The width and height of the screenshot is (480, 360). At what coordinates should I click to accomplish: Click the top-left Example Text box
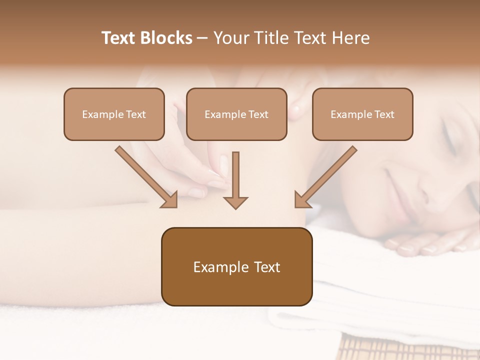pyautogui.click(x=114, y=114)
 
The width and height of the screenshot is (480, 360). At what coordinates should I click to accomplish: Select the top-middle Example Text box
pyautogui.click(x=236, y=114)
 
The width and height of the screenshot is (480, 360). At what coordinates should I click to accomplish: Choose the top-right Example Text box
pyautogui.click(x=362, y=114)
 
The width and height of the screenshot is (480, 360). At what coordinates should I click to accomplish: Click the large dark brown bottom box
pyautogui.click(x=236, y=267)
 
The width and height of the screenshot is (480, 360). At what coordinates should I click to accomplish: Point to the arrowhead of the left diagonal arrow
pyautogui.click(x=170, y=200)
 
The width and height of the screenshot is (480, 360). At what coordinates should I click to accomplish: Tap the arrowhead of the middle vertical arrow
pyautogui.click(x=235, y=202)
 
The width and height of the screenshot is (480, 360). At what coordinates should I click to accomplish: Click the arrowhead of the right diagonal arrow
pyautogui.click(x=302, y=200)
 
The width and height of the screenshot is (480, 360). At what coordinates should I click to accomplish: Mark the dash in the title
pyautogui.click(x=202, y=38)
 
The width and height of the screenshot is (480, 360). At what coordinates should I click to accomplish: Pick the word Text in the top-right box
pyautogui.click(x=384, y=114)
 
